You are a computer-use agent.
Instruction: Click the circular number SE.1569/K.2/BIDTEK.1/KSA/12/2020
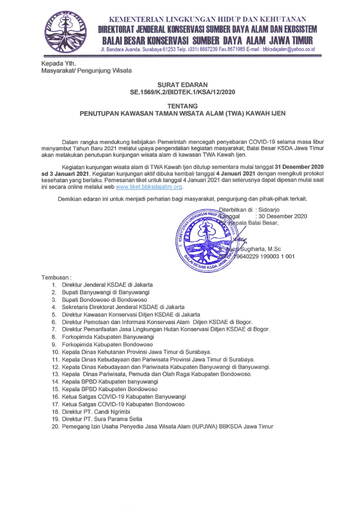(182, 92)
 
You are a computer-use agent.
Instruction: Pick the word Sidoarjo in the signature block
(272, 209)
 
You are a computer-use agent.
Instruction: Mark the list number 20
(55, 426)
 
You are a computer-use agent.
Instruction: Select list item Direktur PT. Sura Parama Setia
(102, 419)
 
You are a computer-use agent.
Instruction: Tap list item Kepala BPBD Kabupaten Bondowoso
(110, 389)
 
